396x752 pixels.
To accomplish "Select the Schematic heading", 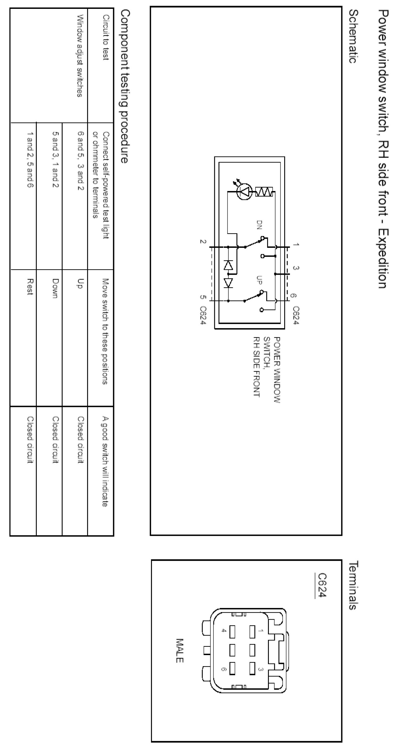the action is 353,37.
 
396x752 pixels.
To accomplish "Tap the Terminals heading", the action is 353,585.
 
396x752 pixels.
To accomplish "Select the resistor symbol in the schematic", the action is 264,192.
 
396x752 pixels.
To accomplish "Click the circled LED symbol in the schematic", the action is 244,192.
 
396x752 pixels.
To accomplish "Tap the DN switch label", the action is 259,225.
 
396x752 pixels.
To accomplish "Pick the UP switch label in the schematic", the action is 259,280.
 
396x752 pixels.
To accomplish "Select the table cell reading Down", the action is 55,288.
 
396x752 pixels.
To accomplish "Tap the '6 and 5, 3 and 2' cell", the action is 80,161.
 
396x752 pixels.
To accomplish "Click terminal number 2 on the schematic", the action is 203,241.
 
